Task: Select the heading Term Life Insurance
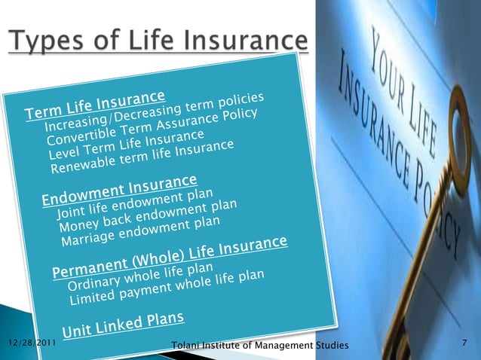95,105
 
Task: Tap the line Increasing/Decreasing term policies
155,112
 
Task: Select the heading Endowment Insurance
120,190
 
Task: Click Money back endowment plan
149,215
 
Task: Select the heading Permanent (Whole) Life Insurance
170,257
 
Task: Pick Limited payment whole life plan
167,286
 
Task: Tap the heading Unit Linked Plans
123,324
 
